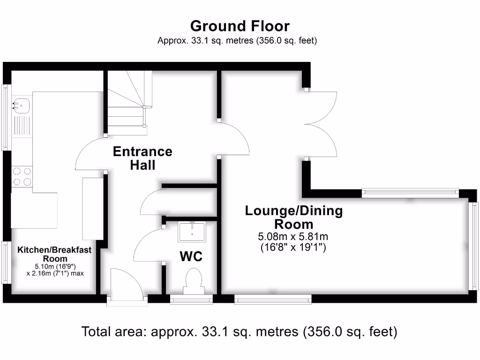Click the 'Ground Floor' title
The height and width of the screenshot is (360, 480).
(x=240, y=26)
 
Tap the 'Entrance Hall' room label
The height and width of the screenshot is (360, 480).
(x=142, y=158)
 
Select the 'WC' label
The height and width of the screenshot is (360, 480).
(x=191, y=256)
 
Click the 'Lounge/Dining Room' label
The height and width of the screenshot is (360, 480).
(x=294, y=217)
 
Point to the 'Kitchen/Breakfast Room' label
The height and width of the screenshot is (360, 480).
(x=54, y=254)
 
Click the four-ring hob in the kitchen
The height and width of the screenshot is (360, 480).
(x=22, y=177)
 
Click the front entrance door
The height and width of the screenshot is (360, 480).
(x=125, y=284)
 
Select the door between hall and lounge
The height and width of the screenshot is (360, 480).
(x=234, y=139)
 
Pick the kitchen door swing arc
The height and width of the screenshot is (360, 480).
(x=89, y=155)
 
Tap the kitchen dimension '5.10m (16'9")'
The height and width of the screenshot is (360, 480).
(x=54, y=266)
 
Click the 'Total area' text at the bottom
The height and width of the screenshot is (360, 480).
(x=240, y=332)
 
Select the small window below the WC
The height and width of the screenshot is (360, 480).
(x=191, y=298)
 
